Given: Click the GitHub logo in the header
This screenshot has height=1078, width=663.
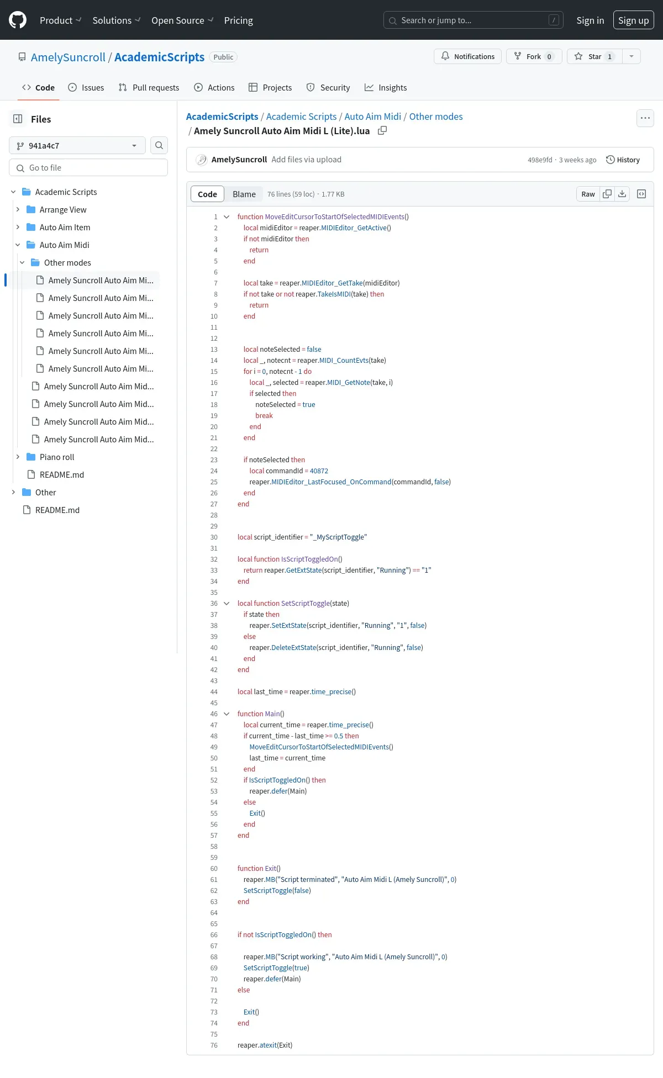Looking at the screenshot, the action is click(x=18, y=20).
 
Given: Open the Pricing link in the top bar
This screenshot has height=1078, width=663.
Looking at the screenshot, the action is click(x=238, y=20).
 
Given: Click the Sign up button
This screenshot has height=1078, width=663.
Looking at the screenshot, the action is click(x=633, y=20).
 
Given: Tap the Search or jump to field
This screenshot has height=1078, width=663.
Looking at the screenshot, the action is click(x=473, y=20).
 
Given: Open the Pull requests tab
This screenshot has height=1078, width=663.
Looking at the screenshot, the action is click(x=149, y=87).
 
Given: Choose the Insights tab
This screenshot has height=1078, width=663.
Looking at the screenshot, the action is click(x=386, y=87).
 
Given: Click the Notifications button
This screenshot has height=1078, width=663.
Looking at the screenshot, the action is click(x=468, y=56).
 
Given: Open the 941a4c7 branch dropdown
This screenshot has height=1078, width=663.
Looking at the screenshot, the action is click(x=77, y=145).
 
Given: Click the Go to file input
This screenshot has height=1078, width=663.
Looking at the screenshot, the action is click(x=88, y=167).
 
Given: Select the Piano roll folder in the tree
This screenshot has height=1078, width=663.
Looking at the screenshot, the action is click(x=57, y=457).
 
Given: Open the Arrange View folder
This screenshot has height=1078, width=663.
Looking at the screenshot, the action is click(x=63, y=209).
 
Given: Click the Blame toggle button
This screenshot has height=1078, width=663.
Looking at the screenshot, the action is click(x=244, y=194).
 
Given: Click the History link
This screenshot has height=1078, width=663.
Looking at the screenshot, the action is click(x=623, y=160).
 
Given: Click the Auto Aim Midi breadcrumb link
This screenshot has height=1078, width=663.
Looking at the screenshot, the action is click(x=373, y=117).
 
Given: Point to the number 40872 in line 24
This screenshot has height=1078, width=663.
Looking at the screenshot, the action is click(x=319, y=471).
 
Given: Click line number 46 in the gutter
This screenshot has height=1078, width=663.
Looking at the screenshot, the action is click(x=214, y=714).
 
